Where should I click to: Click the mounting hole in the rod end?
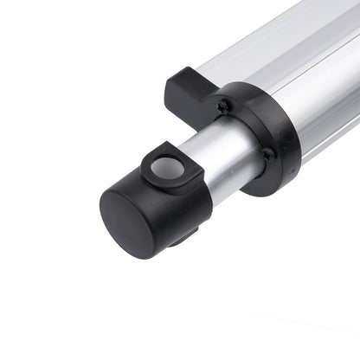pos(170,167)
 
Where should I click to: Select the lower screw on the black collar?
pos(269,154)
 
